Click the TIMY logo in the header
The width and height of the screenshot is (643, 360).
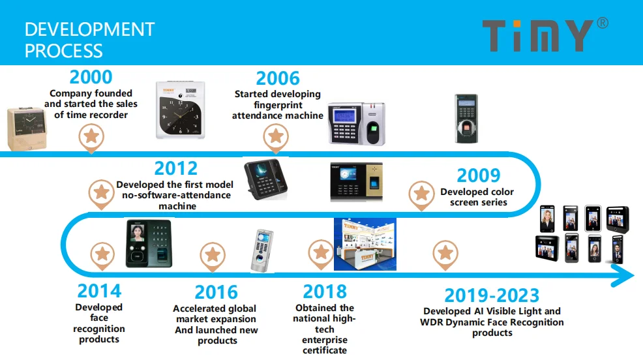(545, 35)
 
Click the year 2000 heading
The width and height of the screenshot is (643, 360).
(91, 77)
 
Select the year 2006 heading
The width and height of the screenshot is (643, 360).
(278, 78)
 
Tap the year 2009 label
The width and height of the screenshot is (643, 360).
(479, 175)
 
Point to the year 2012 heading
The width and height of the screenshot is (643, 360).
(175, 168)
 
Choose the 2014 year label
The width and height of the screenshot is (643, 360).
(99, 291)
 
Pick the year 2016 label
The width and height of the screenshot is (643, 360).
(216, 292)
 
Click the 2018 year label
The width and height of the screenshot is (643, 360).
(325, 292)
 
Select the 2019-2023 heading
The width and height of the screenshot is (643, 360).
(492, 295)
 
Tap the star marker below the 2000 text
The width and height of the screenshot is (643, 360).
(91, 138)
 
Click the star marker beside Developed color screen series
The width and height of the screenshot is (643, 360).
(421, 194)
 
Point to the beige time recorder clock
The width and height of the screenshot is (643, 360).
(27, 129)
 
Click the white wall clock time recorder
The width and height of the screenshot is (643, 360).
(181, 110)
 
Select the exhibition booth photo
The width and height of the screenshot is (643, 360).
(365, 245)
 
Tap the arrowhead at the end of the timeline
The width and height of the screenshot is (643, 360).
(623, 275)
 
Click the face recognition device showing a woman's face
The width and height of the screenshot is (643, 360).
(149, 243)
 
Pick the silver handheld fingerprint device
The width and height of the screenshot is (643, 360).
(262, 251)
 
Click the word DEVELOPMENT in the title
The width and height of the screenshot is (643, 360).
(89, 29)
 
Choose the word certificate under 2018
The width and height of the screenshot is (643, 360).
(325, 351)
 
